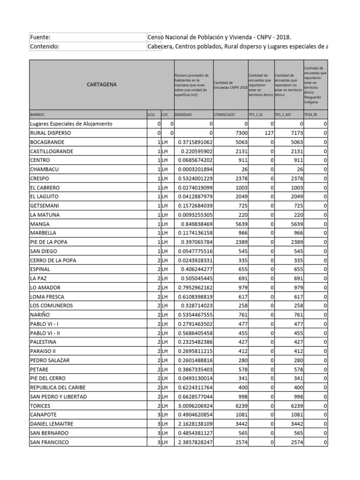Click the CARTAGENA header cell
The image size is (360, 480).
[102, 85]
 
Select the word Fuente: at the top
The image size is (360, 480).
[40, 37]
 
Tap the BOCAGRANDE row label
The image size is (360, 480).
[47, 142]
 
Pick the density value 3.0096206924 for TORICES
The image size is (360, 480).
[193, 405]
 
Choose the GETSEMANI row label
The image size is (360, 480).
[45, 205]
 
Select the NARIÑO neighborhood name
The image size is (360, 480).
[41, 315]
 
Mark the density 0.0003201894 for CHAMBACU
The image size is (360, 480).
[193, 169]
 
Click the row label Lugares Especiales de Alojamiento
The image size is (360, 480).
[71, 124]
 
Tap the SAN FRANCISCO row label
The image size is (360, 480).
[49, 442]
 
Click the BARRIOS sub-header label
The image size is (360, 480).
[38, 114]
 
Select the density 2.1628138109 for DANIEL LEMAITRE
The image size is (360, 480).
[193, 424]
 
